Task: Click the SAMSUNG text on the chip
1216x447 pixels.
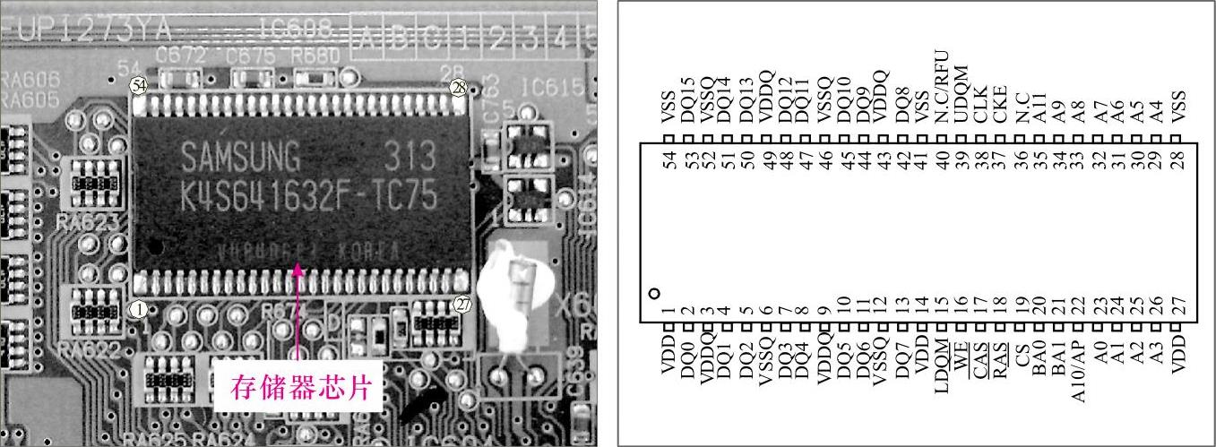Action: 241,159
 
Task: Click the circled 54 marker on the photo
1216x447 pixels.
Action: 137,86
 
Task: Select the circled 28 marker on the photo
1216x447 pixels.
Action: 459,87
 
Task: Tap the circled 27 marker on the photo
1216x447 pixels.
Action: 462,304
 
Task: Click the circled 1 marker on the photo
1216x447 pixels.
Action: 138,309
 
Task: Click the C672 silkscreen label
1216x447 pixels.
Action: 181,56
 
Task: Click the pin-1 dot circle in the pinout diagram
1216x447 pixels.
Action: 654,293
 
